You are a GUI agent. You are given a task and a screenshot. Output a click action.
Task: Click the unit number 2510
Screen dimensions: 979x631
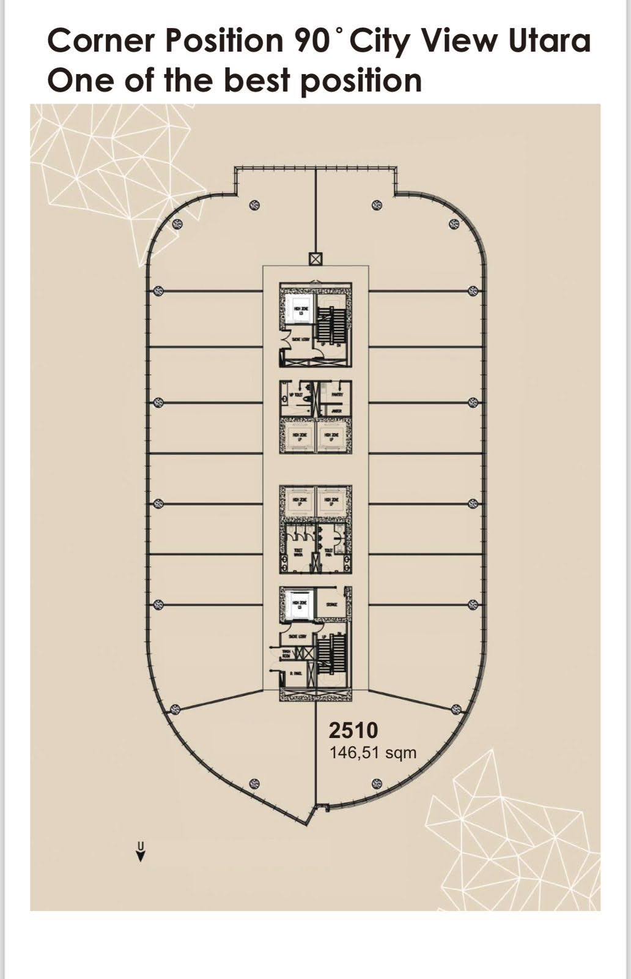(x=353, y=731)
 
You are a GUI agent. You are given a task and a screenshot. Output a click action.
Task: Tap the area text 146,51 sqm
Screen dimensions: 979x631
(x=373, y=752)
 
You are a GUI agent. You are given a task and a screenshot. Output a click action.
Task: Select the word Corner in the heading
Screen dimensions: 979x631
(x=103, y=41)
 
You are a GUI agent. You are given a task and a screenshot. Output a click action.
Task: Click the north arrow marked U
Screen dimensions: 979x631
(x=141, y=852)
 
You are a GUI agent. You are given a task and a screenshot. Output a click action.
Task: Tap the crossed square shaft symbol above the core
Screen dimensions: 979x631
(x=315, y=259)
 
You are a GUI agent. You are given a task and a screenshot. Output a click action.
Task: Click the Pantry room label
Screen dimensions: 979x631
(x=336, y=395)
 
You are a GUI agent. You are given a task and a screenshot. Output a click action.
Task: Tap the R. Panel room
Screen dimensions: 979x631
(x=296, y=673)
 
